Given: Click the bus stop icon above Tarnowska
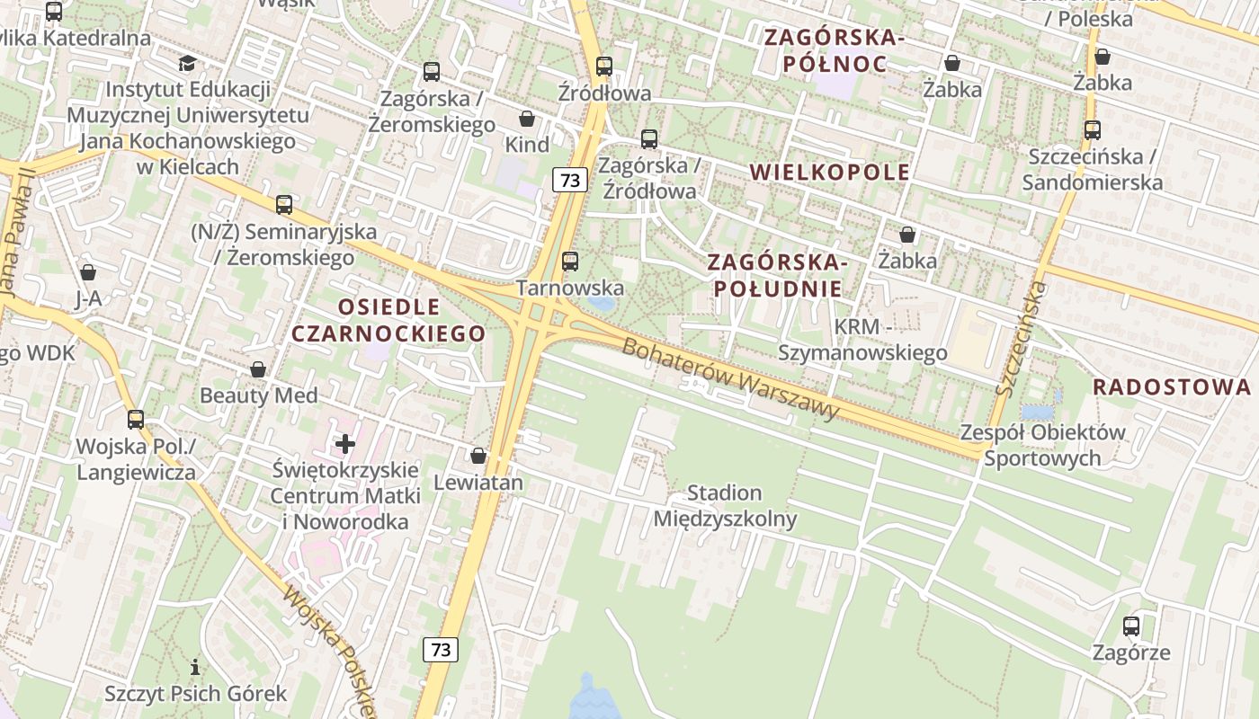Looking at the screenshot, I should click(570, 262).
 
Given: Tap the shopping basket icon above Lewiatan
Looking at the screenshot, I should click(478, 456).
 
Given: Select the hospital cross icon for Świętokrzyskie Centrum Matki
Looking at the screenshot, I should click(345, 443).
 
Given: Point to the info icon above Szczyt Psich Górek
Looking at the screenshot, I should click(195, 667).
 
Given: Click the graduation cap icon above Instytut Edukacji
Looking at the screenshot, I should click(187, 63).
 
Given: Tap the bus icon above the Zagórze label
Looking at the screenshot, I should click(1131, 626).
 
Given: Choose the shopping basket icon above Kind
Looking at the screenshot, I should click(527, 119).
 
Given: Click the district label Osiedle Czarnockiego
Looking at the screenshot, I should click(388, 321).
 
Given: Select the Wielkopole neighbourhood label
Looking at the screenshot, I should click(829, 173).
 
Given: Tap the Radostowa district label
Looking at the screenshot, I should click(1171, 386).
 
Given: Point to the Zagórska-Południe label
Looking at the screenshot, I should click(777, 276).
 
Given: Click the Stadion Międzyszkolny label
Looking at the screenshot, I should click(725, 506).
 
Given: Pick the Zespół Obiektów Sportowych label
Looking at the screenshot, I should click(1042, 445).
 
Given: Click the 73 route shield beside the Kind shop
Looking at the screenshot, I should click(570, 180).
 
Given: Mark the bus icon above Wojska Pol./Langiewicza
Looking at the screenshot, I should click(136, 419).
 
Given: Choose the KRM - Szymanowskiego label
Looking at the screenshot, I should click(862, 340).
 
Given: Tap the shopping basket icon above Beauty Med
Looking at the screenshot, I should click(258, 369).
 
